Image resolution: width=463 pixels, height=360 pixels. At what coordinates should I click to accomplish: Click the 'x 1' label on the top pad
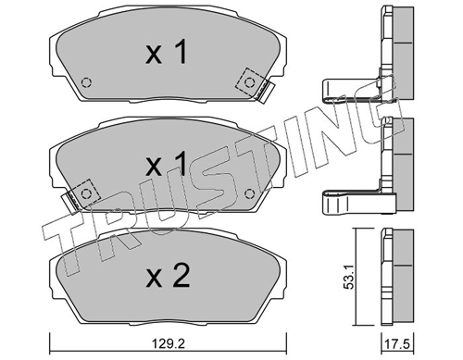tap(166, 55)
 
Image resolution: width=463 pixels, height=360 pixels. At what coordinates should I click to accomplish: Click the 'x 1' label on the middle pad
tap(166, 167)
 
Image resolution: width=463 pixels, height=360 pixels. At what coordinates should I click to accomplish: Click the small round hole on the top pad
tap(86, 81)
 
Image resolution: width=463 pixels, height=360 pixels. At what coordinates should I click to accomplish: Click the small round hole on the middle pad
tap(250, 192)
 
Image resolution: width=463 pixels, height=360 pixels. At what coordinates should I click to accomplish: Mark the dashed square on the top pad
tap(248, 81)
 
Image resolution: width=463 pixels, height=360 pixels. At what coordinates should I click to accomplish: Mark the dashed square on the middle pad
tap(86, 192)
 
